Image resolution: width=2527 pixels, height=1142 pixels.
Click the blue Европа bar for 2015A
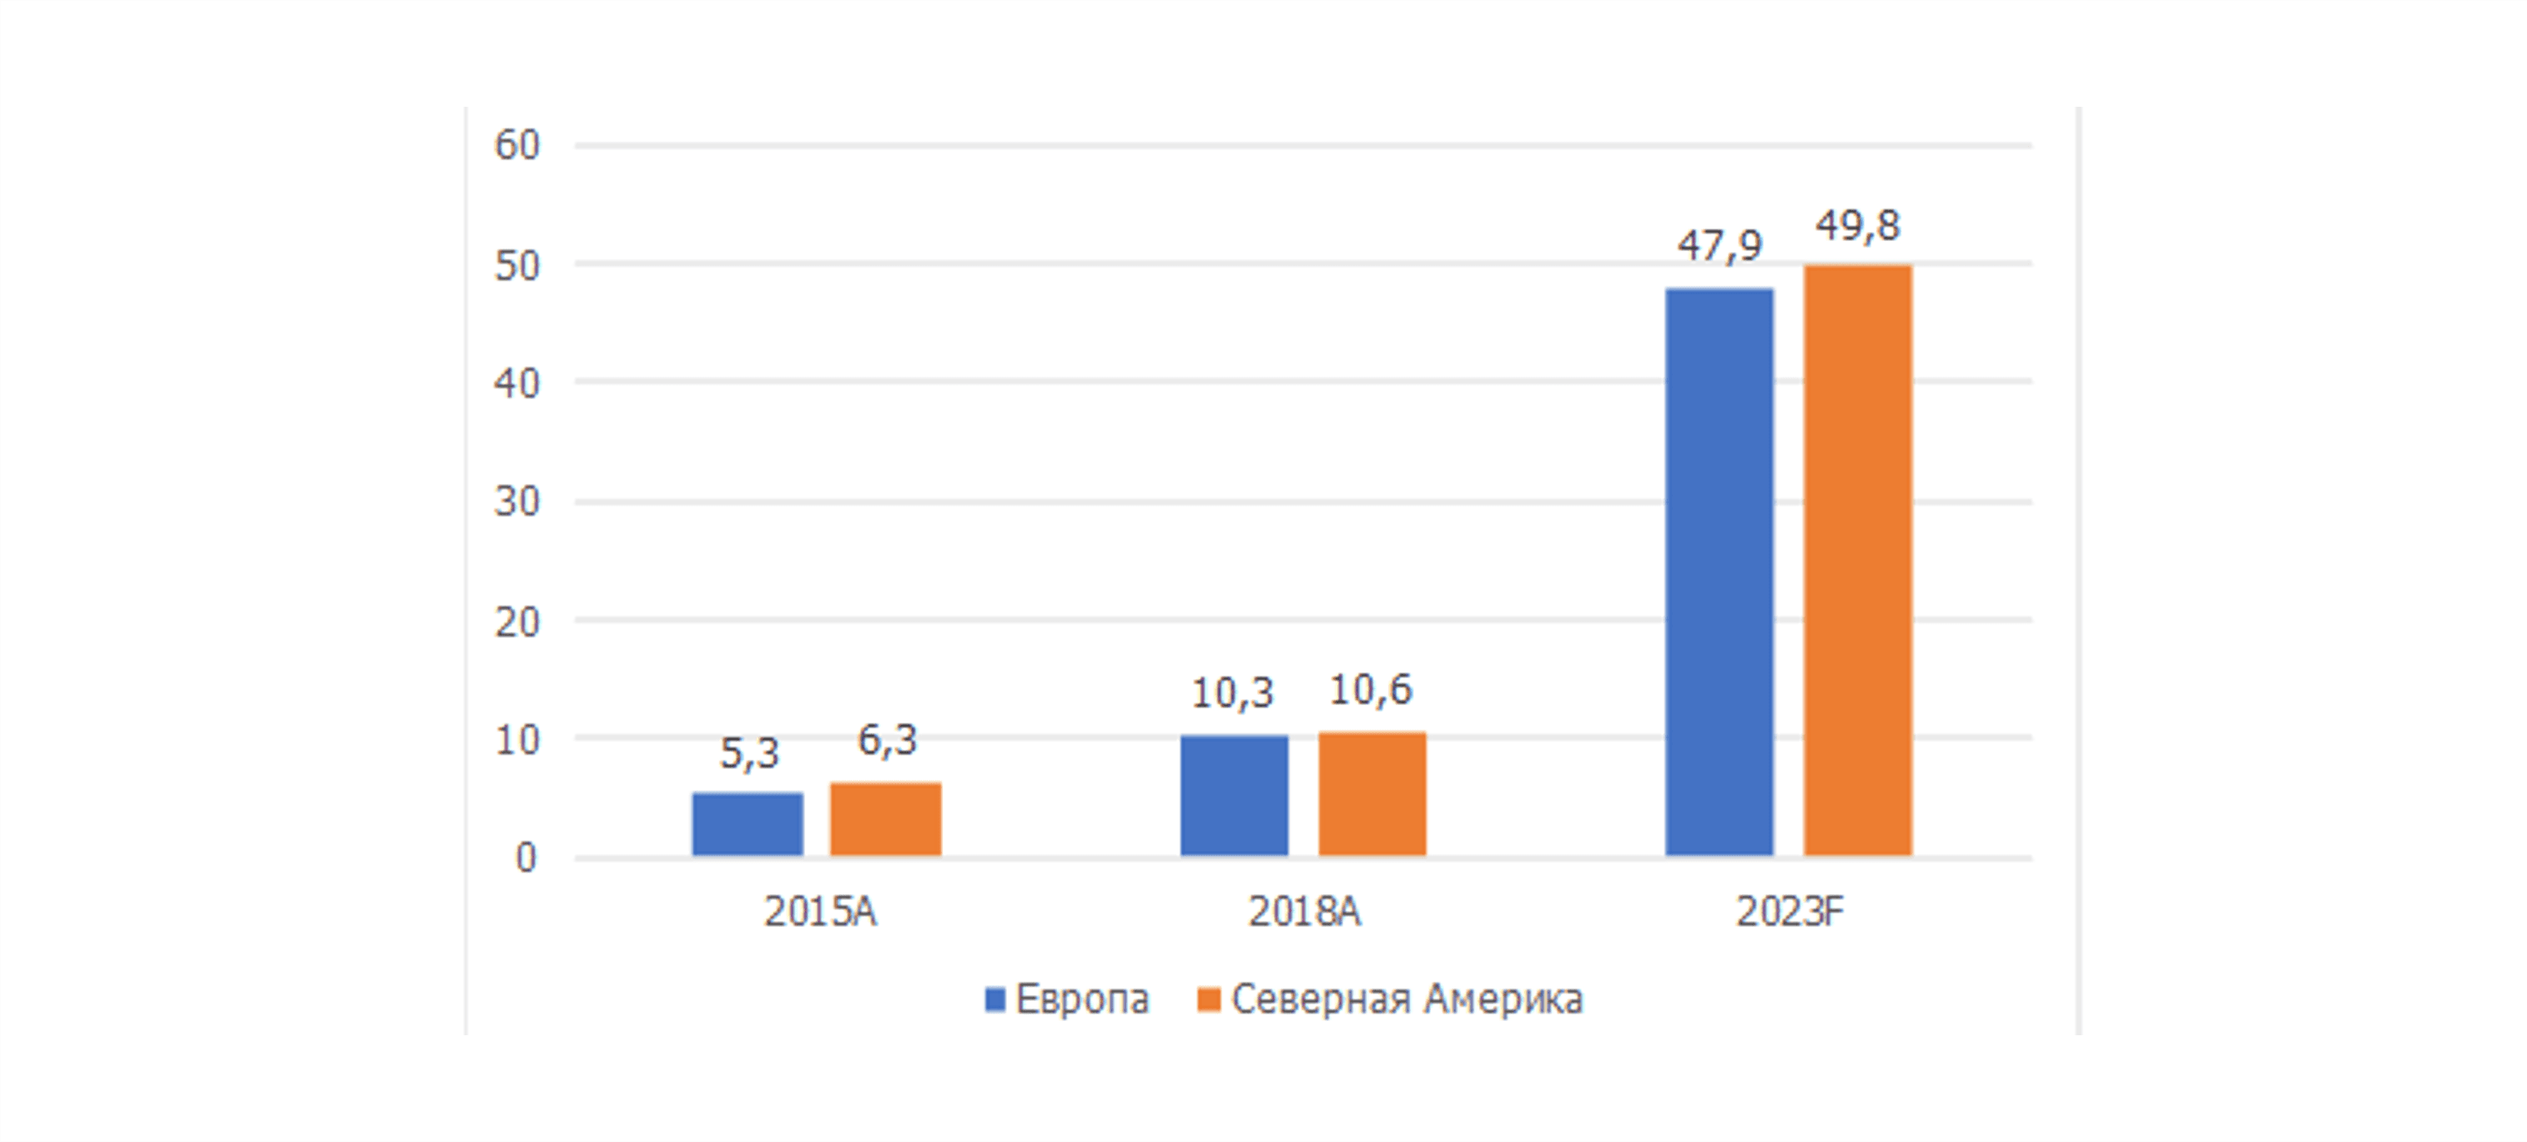tap(748, 824)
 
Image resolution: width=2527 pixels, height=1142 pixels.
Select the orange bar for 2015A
tap(885, 819)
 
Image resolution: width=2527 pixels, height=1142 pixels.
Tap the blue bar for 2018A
tap(1234, 796)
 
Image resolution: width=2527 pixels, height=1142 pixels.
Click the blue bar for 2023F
tap(1719, 572)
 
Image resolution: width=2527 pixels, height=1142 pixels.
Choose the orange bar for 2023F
tap(1857, 561)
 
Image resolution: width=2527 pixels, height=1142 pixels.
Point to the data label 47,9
tap(1719, 245)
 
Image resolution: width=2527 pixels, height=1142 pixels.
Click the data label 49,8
tap(1857, 226)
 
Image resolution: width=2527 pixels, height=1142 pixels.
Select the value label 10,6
tap(1371, 690)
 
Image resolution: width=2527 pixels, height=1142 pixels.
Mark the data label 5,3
tap(748, 753)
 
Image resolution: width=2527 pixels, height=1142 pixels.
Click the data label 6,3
tap(887, 740)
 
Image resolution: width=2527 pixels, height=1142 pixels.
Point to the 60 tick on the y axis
tap(517, 145)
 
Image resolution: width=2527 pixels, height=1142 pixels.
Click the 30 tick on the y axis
tap(517, 502)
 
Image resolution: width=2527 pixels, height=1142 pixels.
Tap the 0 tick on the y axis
tap(526, 858)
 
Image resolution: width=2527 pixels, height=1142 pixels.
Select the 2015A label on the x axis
tap(819, 913)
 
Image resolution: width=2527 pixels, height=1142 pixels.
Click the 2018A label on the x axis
tap(1304, 913)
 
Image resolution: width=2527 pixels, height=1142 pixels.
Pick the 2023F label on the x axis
tap(1790, 913)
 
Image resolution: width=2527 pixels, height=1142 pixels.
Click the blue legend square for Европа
tap(994, 999)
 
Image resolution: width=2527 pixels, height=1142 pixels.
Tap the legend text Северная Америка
tap(1406, 999)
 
